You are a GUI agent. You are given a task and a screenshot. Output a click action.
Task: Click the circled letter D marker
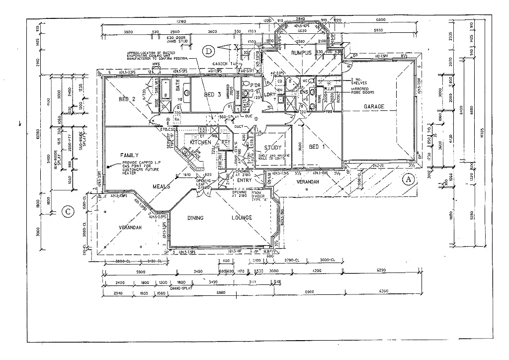coord(209,50)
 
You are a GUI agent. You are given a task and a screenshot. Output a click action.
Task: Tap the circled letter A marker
coord(408,179)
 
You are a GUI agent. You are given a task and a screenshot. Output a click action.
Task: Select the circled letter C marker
coord(68,212)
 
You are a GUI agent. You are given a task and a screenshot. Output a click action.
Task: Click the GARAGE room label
coord(374,107)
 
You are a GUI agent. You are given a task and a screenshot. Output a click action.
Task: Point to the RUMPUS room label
coord(301,53)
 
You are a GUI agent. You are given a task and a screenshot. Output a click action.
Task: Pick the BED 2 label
coord(127,99)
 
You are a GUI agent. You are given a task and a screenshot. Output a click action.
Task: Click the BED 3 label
coord(209,94)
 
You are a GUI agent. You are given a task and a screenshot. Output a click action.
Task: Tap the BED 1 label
coord(317,147)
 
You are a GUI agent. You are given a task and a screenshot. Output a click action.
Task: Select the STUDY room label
coord(273,148)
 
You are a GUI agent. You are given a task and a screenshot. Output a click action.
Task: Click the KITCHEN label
coord(201,143)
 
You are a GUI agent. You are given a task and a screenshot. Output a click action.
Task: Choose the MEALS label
coord(162,186)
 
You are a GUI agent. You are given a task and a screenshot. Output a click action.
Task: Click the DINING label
coord(199,218)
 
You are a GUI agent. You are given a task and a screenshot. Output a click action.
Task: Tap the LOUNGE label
coord(242,218)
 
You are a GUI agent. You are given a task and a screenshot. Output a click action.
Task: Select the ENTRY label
coord(245,180)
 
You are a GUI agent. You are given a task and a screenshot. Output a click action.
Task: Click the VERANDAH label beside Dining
coord(130,227)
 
